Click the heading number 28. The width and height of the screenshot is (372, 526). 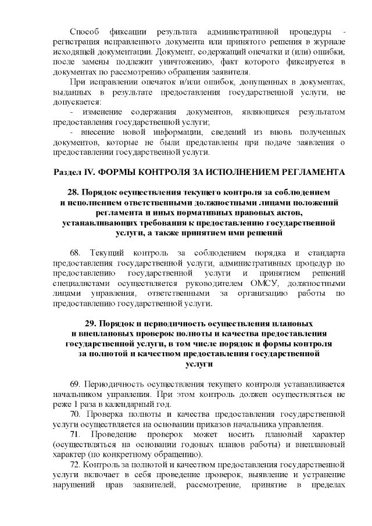pos(74,192)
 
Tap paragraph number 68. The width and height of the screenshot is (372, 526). pos(74,253)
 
